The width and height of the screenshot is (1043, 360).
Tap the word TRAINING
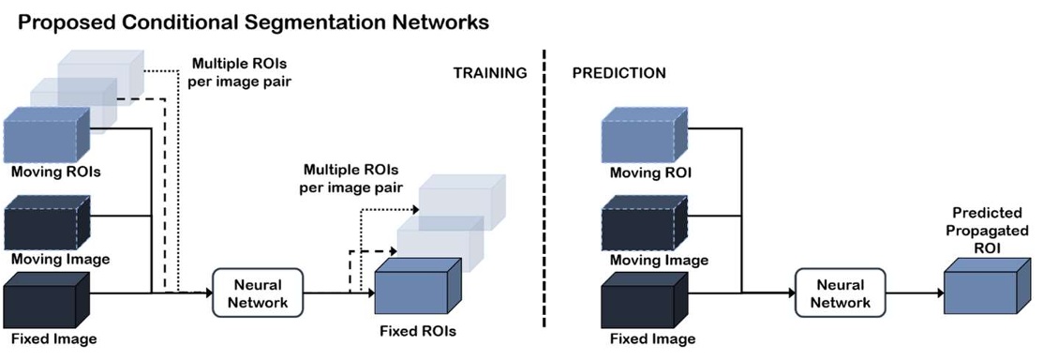point(490,72)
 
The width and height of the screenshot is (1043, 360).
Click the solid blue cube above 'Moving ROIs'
point(47,136)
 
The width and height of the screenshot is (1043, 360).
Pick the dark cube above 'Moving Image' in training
point(47,222)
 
